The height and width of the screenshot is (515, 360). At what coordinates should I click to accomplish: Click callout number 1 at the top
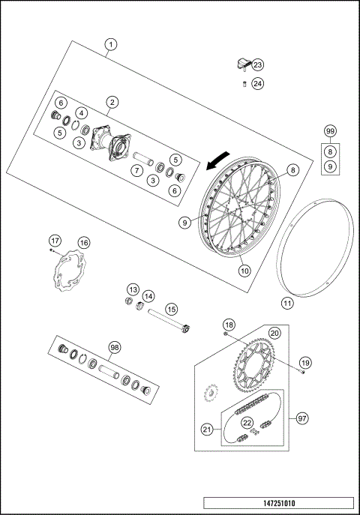[111, 44]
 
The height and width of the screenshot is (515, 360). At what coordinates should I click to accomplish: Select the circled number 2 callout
[112, 101]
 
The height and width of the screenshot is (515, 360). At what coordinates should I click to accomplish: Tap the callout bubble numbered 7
[136, 171]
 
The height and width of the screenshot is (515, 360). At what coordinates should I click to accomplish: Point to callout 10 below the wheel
[244, 271]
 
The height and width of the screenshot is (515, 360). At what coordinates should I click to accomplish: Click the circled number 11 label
[287, 304]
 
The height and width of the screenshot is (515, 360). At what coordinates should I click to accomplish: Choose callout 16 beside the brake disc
[83, 242]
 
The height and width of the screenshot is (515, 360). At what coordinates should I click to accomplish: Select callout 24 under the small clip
[257, 83]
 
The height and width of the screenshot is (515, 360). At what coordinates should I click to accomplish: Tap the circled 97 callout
[302, 418]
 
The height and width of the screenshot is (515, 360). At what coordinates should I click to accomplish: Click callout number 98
[115, 347]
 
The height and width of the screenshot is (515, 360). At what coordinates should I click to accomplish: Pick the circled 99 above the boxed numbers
[330, 131]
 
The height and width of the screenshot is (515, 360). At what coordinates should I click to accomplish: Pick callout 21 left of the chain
[207, 429]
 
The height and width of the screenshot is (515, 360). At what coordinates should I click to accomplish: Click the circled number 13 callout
[133, 289]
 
